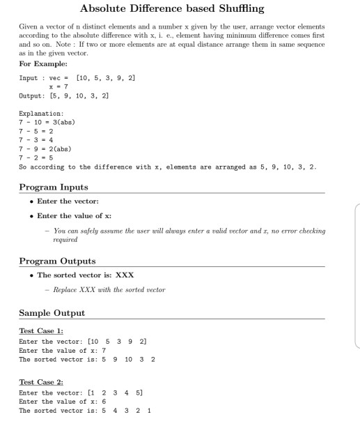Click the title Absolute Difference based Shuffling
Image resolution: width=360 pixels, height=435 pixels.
pos(180,9)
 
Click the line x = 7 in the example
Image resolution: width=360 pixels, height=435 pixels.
pos(74,84)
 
